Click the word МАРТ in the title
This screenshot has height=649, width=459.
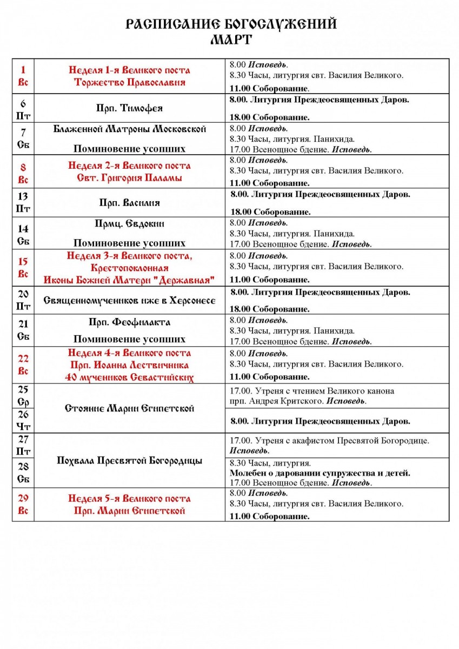[231, 39]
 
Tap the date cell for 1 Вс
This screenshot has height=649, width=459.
[23, 76]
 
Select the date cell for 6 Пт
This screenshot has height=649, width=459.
[23, 108]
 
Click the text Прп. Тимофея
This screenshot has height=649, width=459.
[129, 108]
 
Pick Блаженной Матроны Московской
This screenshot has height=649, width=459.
[129, 129]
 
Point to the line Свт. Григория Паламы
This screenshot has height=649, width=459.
[129, 178]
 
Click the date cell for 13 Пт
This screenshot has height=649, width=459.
[23, 203]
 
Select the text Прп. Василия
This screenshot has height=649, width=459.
[129, 203]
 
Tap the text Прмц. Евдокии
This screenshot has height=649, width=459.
[129, 223]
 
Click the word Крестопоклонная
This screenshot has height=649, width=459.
[129, 268]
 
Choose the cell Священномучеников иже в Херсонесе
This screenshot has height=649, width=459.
[129, 301]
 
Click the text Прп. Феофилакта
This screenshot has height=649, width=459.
[129, 322]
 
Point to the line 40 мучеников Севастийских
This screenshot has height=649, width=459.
[129, 377]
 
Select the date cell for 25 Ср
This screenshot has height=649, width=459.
[23, 396]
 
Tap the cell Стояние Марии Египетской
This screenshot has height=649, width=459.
[129, 408]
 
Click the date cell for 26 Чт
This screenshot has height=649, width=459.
[23, 421]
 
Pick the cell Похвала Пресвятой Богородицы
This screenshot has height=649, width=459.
[129, 461]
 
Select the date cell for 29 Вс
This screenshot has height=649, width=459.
[23, 504]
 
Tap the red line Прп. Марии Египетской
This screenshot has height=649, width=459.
[129, 511]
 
